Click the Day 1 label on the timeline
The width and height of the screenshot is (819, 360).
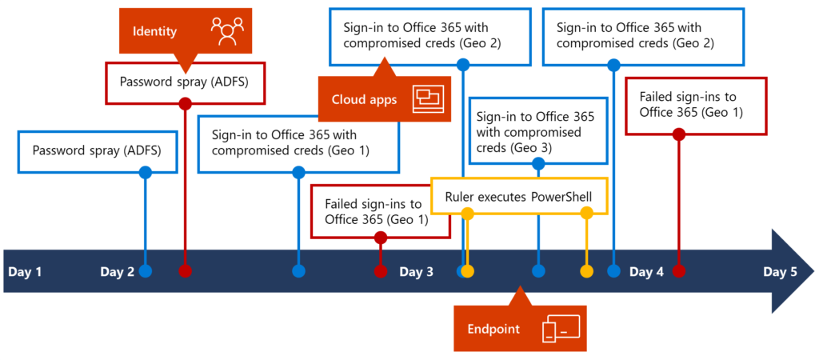(x=25, y=271)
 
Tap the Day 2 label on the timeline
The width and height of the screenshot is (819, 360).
(x=117, y=271)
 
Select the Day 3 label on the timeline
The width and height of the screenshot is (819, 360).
(x=416, y=271)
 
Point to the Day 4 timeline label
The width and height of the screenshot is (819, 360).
(x=646, y=271)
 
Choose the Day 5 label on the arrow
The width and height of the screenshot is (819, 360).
(x=780, y=271)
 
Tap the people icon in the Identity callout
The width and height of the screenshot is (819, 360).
(x=226, y=30)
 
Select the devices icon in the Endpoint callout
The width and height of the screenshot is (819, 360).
(x=560, y=329)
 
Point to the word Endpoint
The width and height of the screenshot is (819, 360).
(x=493, y=329)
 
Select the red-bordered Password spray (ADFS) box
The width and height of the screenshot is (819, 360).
(x=185, y=82)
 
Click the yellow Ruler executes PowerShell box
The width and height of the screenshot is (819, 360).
(x=519, y=196)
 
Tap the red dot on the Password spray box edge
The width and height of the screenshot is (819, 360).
(x=185, y=103)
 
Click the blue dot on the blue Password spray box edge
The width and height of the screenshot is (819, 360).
(x=145, y=172)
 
